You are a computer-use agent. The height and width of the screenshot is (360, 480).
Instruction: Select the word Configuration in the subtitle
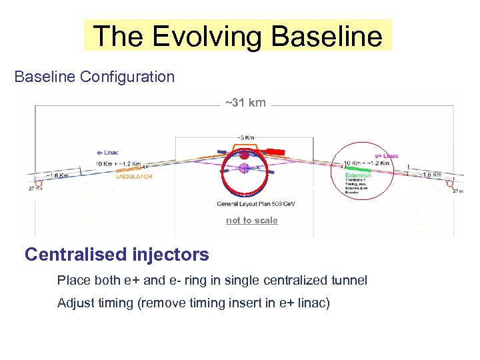[127, 77]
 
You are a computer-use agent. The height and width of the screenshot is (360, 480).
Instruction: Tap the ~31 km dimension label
[245, 103]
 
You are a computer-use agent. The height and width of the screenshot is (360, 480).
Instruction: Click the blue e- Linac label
[106, 153]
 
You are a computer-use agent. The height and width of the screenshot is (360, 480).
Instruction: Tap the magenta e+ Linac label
[386, 156]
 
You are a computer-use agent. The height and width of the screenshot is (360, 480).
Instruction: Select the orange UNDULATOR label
[134, 177]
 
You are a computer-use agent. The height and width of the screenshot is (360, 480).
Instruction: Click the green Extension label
[358, 175]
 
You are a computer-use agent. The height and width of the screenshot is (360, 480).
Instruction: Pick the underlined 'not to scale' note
[251, 220]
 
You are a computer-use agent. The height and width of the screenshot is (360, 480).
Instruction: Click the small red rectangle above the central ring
[275, 152]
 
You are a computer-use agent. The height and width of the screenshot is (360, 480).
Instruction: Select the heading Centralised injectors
[117, 255]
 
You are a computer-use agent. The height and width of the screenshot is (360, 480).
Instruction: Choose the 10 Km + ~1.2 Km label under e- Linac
[119, 164]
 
